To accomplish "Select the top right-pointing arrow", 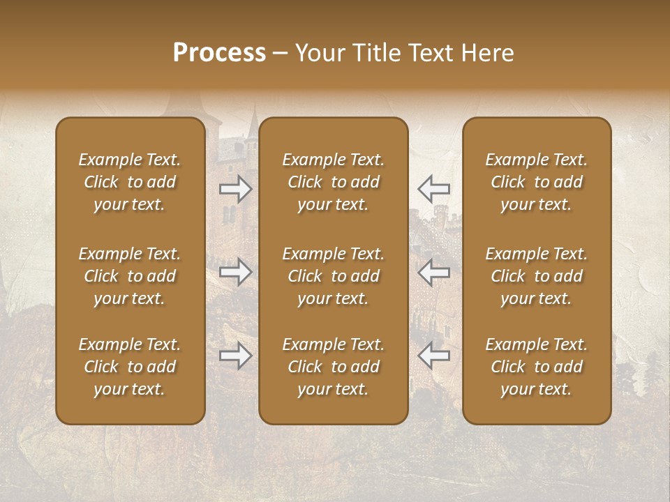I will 236,189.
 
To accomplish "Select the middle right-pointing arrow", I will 236,272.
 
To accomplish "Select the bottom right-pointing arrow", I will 236,356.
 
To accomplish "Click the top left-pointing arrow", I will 433,189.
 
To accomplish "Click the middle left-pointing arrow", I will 433,272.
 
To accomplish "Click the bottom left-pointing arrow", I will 433,356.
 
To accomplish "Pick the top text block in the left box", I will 130,182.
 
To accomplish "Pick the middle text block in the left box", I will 130,276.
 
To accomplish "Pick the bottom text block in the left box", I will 130,367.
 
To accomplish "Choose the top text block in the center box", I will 334,182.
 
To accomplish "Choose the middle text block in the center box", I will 334,276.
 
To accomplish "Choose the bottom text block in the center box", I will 334,367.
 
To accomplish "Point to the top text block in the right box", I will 537,182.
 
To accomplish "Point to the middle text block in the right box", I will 537,276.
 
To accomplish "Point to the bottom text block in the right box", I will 537,367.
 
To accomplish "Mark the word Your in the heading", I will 320,54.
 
